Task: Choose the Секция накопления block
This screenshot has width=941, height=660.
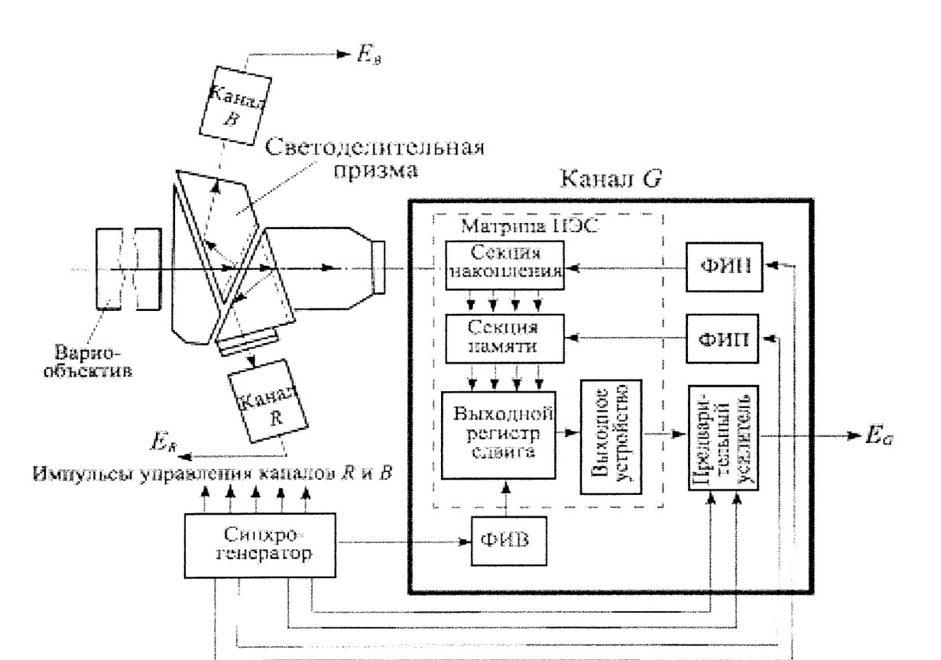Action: tap(504, 267)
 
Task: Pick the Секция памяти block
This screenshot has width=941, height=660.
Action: tap(504, 336)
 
